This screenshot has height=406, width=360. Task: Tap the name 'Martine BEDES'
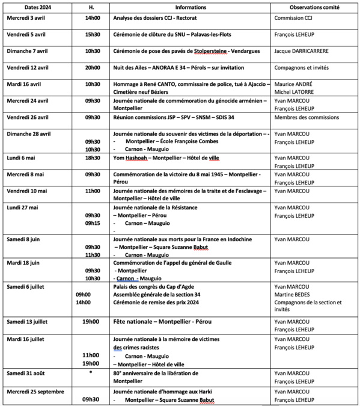pyautogui.click(x=293, y=295)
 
